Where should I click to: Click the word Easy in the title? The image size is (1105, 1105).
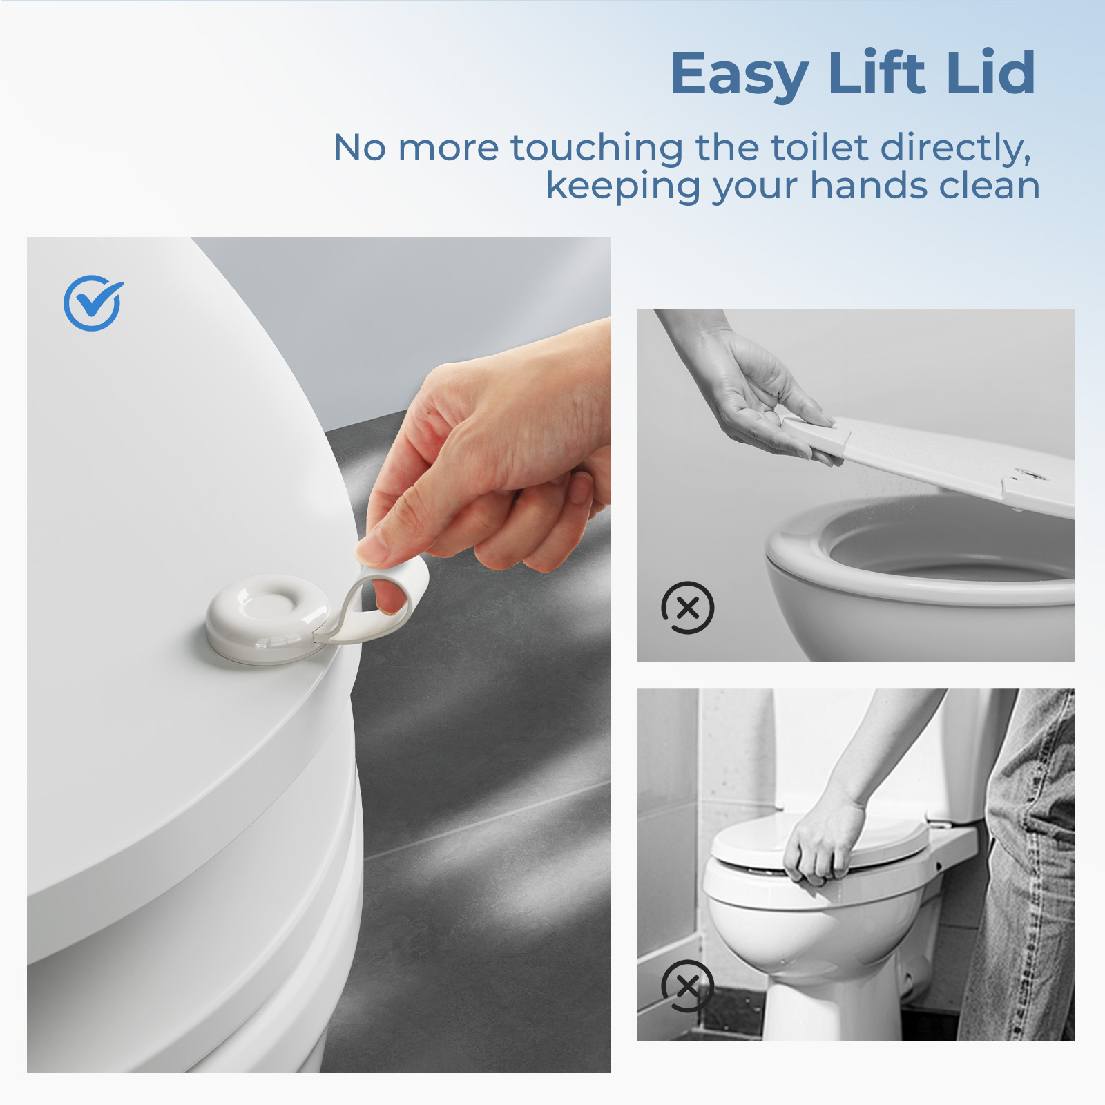[739, 75]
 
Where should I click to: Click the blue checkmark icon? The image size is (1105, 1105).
[93, 302]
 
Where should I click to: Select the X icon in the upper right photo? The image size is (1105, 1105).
[687, 608]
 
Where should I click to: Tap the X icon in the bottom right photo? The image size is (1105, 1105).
[687, 986]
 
